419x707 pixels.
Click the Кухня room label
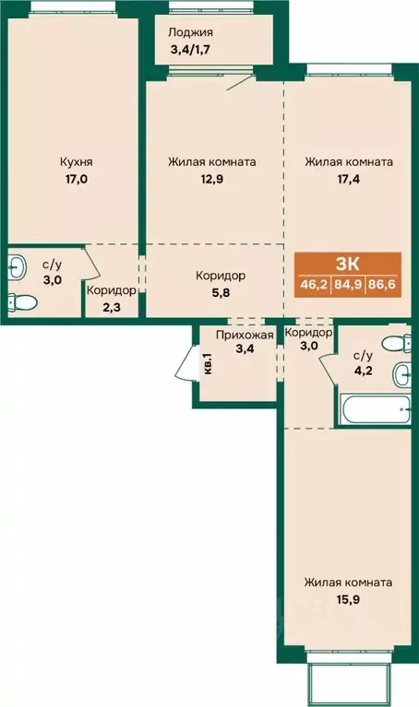tap(77, 161)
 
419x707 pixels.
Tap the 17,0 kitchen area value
tap(77, 179)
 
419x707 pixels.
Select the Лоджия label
tap(190, 32)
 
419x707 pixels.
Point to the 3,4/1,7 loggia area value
tap(191, 49)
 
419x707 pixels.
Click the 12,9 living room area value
tap(212, 179)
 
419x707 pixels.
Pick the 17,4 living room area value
tap(349, 179)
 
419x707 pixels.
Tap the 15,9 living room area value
tap(348, 600)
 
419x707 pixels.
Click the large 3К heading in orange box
tap(348, 264)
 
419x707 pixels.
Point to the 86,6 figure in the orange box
tap(383, 285)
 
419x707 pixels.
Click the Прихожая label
tap(245, 335)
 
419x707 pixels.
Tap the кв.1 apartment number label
tap(209, 364)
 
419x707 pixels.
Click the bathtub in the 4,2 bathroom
tap(376, 409)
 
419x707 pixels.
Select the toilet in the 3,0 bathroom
tap(21, 300)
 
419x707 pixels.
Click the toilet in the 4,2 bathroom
tap(397, 344)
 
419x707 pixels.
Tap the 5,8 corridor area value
tap(220, 292)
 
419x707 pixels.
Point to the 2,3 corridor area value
tap(111, 310)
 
